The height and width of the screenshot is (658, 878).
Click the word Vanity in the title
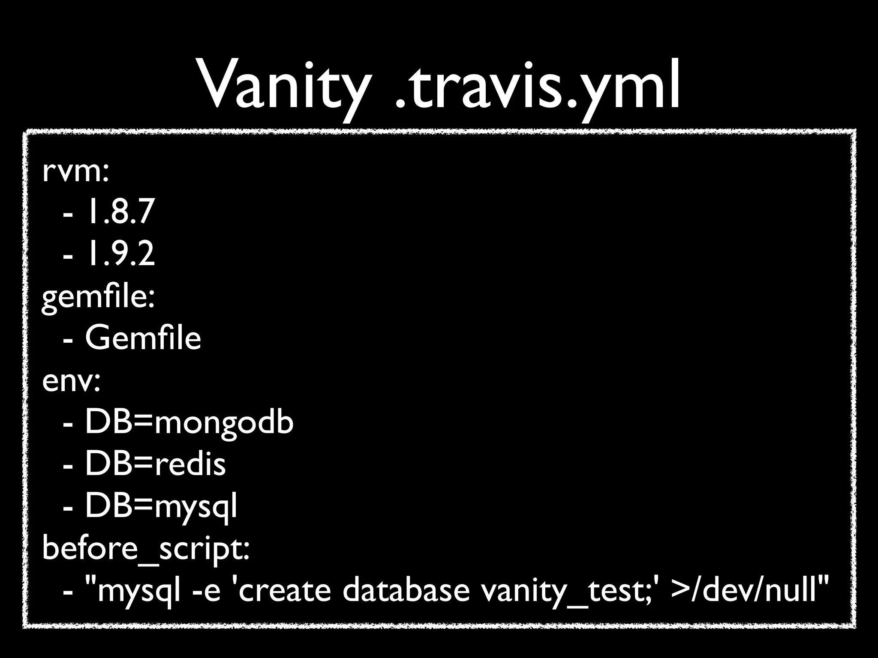point(283,86)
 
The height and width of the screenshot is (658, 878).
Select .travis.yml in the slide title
point(536,86)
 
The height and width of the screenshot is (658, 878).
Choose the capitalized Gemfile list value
point(143,338)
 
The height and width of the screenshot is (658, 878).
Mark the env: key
point(71,381)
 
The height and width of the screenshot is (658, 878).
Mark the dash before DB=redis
point(68,466)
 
